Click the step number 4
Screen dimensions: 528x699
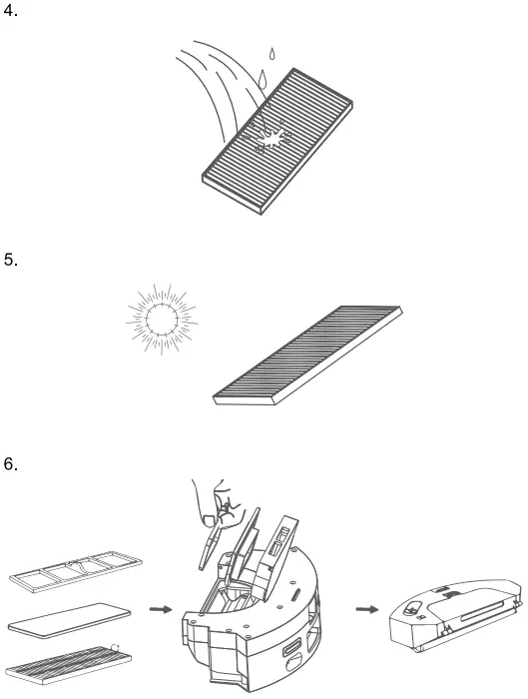tap(10, 11)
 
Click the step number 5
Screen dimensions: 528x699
tap(10, 260)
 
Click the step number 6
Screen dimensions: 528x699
tap(10, 464)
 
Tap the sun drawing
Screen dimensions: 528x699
tap(162, 319)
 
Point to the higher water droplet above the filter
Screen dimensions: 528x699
tap(271, 54)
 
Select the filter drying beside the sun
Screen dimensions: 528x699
tap(307, 354)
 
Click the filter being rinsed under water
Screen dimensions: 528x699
tap(277, 141)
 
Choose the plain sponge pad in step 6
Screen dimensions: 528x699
tap(70, 620)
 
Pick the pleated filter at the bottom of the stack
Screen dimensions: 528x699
tap(70, 665)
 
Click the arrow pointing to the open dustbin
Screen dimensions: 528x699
tap(161, 609)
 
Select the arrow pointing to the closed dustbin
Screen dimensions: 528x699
tap(367, 609)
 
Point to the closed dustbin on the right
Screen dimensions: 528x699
tap(456, 616)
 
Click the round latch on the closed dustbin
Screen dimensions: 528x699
tap(412, 608)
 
